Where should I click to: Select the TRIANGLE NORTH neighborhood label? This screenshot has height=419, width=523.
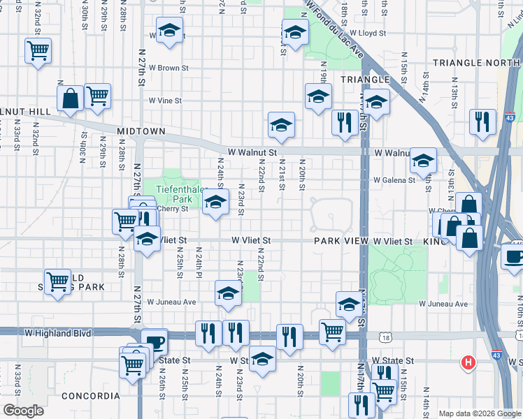(476, 63)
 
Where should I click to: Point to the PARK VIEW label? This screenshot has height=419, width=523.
(341, 241)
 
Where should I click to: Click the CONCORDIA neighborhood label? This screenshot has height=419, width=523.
(87, 396)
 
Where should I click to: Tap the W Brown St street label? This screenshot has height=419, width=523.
(168, 68)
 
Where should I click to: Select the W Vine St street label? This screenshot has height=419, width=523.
(164, 101)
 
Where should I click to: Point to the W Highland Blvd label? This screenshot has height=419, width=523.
(58, 334)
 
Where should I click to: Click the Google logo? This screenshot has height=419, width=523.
(23, 411)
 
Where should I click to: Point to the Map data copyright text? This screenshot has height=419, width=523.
(480, 413)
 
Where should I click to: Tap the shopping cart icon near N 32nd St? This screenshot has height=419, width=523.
(38, 50)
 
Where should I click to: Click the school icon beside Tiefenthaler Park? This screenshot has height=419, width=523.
(216, 203)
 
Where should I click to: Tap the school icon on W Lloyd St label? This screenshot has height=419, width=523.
(169, 31)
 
